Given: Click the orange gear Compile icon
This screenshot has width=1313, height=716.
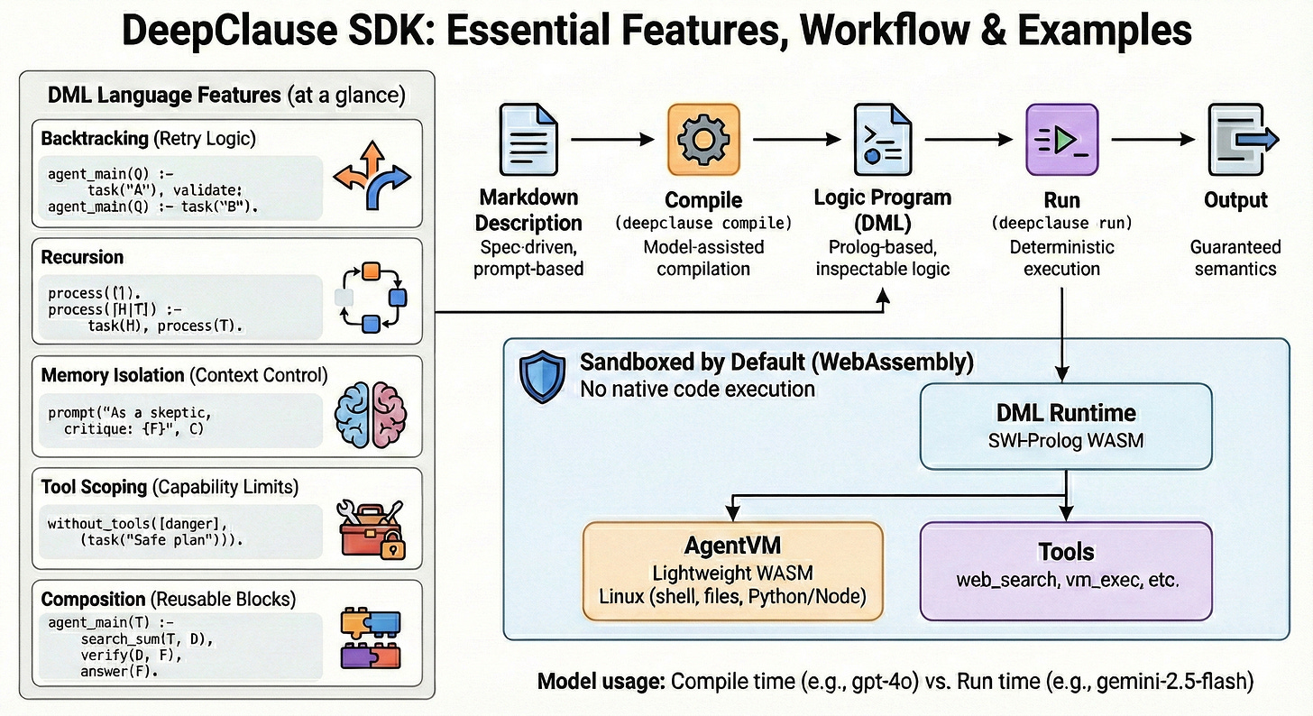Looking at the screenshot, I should coord(702,139).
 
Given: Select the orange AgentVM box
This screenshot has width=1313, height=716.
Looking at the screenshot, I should coord(732,570).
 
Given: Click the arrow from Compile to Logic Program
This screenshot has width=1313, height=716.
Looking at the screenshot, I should coord(794,139).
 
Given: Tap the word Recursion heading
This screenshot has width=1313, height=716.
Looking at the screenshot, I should coord(82,258).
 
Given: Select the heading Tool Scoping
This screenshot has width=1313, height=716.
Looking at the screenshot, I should coord(94,487).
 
